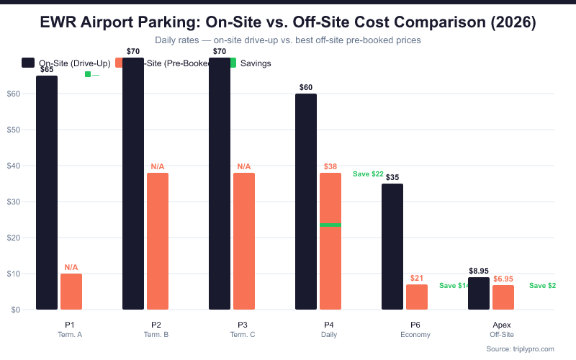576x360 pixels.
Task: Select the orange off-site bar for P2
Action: point(158,240)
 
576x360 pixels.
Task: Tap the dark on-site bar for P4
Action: point(306,202)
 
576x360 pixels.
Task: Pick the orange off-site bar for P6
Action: point(417,297)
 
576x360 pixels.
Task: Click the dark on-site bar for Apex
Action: point(479,293)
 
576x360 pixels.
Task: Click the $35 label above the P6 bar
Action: point(392,177)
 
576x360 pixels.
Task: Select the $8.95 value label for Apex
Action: point(479,271)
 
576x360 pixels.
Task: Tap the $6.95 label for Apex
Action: point(503,279)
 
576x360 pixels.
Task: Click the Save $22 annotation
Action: point(368,174)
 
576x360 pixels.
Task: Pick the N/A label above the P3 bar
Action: point(244,167)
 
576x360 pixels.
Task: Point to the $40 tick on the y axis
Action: point(13,166)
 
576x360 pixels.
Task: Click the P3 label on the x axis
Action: point(243,325)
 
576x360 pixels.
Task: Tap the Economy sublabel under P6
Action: point(415,335)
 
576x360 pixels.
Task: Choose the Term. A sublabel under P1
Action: point(70,335)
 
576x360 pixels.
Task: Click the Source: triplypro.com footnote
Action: point(520,348)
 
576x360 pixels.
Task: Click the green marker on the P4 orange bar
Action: point(330,225)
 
